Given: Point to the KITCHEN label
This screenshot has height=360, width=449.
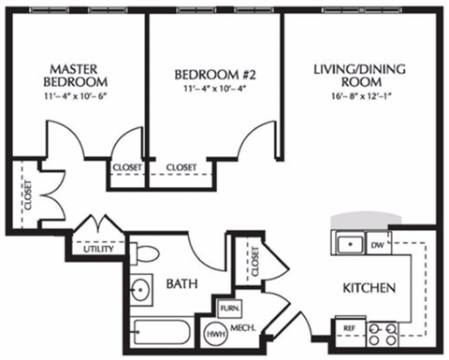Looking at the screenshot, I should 367,287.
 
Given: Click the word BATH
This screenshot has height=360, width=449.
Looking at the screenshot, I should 181,283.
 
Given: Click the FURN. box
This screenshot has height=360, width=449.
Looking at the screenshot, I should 227,308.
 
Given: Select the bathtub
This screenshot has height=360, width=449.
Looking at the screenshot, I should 162,333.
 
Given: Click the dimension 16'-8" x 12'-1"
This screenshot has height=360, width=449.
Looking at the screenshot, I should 359,94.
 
